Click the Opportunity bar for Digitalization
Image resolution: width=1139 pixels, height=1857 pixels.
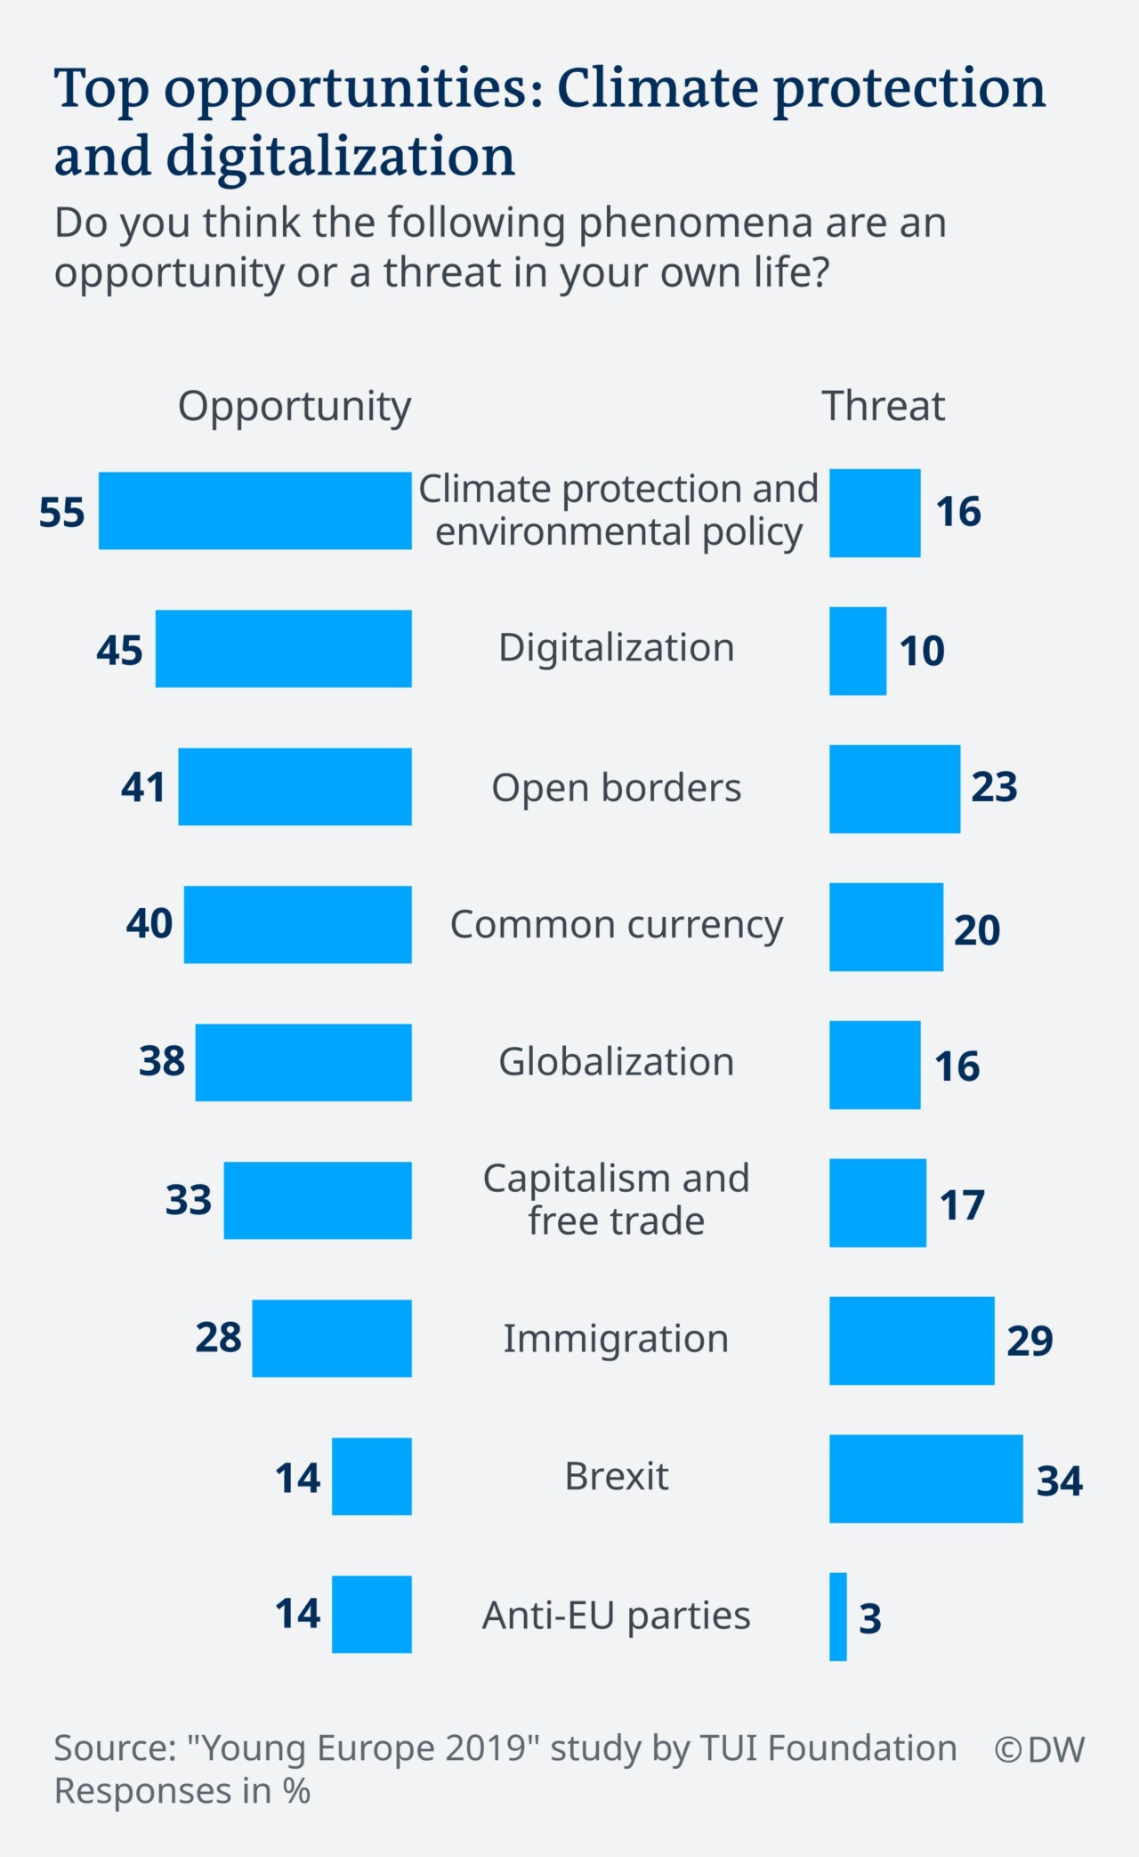(283, 648)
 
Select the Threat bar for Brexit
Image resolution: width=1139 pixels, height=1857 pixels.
(925, 1479)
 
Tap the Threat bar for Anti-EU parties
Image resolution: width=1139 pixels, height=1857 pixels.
(838, 1617)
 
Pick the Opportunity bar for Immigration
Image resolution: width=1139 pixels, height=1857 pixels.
(331, 1338)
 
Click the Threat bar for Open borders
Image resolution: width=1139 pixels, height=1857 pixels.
(894, 789)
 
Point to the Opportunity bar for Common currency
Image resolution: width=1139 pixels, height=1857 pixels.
(297, 924)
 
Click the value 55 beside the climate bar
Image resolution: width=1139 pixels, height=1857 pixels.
(61, 512)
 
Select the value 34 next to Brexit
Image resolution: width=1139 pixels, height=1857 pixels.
(1059, 1480)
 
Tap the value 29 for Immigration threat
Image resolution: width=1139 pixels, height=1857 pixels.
(1030, 1340)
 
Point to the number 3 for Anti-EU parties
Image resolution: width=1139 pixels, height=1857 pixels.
(869, 1618)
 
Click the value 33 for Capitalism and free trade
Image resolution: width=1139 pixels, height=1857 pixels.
(188, 1199)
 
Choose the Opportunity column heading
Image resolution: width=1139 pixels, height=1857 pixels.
(295, 407)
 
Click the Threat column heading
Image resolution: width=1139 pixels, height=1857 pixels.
(883, 406)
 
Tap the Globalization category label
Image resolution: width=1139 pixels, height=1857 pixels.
(616, 1061)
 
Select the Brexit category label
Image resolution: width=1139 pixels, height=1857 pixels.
(616, 1476)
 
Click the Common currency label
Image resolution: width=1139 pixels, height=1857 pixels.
(616, 924)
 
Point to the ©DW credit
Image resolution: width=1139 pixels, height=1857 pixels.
(1038, 1749)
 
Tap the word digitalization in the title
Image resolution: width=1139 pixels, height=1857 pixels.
(341, 157)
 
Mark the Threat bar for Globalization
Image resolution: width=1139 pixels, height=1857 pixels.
(875, 1065)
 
